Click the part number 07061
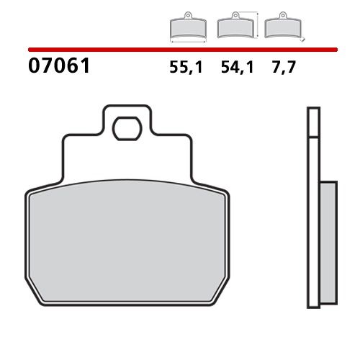(x=58, y=68)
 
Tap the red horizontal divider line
(x=180, y=50)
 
